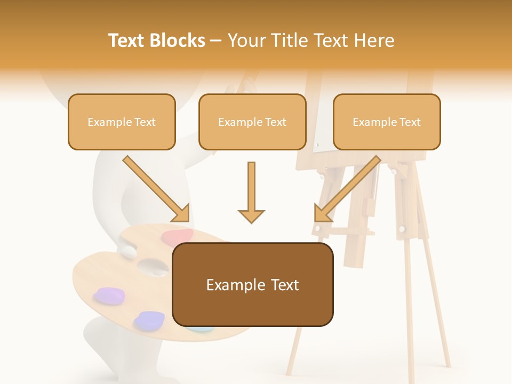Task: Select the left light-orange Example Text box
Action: point(122,122)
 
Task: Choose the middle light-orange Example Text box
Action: point(252,122)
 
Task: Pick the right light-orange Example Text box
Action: point(387,122)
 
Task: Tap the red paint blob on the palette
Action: point(177,236)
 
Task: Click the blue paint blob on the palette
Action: point(149,320)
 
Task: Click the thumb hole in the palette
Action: point(146,265)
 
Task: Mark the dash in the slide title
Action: point(216,41)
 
